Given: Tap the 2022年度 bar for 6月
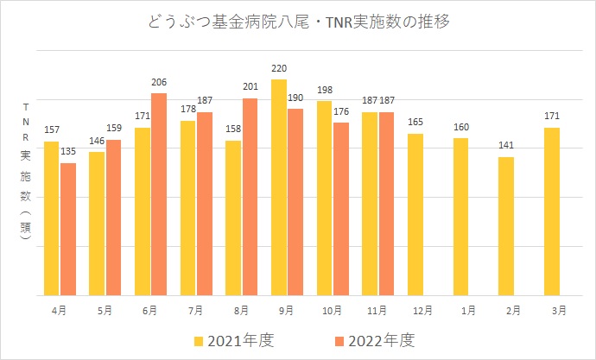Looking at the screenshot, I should [x=159, y=193].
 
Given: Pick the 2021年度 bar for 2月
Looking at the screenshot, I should [x=506, y=226].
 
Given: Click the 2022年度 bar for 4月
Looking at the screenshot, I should [x=68, y=229].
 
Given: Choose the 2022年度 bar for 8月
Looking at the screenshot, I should [x=250, y=196].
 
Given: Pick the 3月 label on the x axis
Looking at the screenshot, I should [x=559, y=309].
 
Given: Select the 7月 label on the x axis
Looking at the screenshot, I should [x=196, y=309].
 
